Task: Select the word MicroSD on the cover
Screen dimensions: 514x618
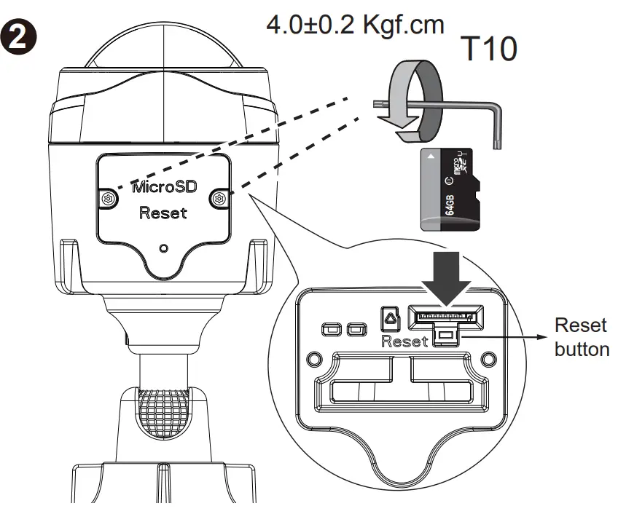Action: (x=163, y=187)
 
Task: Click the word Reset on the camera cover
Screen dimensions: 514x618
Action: (x=163, y=213)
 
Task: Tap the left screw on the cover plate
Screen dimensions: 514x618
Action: (x=108, y=199)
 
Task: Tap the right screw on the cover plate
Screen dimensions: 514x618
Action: (x=219, y=198)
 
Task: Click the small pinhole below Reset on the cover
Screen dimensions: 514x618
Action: (x=163, y=248)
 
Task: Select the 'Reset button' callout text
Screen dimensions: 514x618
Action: (x=581, y=337)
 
